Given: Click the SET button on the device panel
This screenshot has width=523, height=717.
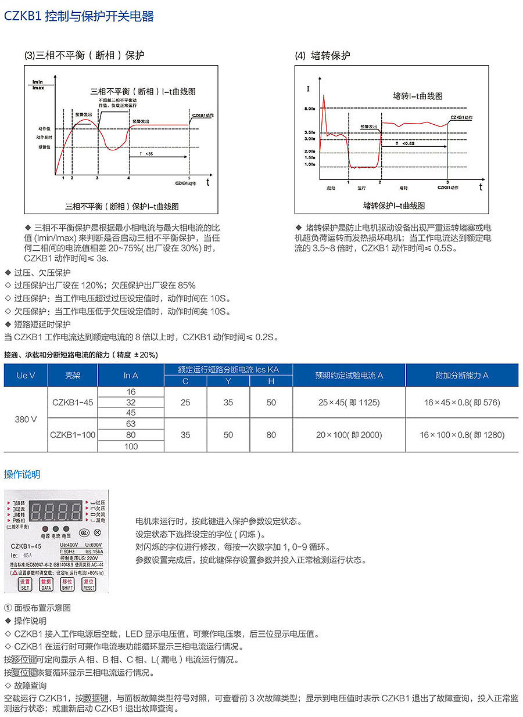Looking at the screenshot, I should [25, 584].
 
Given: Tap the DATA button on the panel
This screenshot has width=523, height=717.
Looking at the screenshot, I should [46, 584].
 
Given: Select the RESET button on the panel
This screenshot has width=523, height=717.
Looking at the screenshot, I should [88, 584].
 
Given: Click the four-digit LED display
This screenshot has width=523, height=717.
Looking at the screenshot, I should [56, 511].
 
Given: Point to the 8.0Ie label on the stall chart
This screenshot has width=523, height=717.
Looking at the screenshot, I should [309, 109].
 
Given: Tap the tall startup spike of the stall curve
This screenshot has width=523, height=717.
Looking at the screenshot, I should [323, 99].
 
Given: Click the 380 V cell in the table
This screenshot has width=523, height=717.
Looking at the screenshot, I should [26, 419].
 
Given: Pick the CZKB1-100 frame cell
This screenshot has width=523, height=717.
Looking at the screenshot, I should [73, 434].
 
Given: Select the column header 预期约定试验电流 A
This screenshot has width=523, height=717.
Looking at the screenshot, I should [349, 375].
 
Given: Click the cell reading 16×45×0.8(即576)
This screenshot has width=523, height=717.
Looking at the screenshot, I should [462, 402].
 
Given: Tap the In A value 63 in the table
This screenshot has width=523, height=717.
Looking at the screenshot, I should [131, 424].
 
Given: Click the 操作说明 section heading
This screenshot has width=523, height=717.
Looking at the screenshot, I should [22, 474].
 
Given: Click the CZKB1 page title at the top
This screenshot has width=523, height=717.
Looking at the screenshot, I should [79, 16].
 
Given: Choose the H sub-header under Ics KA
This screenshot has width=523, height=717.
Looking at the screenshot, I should [271, 381].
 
